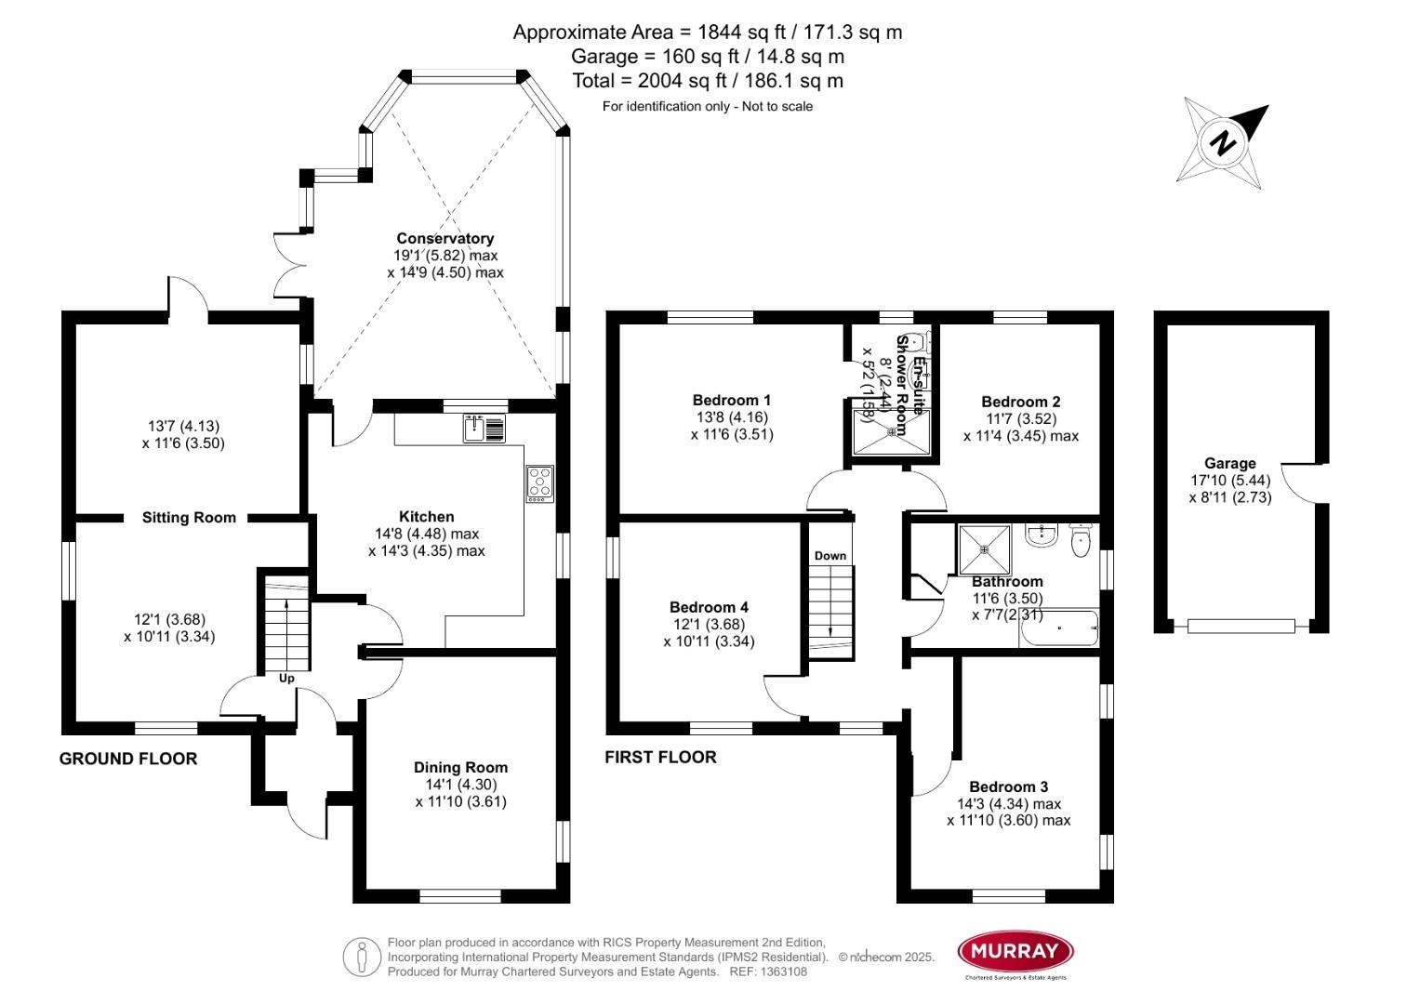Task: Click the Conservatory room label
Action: (x=445, y=238)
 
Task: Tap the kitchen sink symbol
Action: (x=483, y=429)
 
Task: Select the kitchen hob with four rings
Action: (x=539, y=483)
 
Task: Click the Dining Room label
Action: (x=460, y=767)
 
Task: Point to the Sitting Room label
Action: (x=189, y=518)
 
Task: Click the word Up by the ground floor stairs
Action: (x=286, y=679)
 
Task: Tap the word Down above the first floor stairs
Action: (x=830, y=556)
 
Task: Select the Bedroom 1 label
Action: (x=732, y=400)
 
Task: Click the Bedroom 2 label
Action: (x=1020, y=402)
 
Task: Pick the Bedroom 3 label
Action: (x=1008, y=786)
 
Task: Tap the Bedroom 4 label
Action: (x=709, y=607)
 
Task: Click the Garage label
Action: (x=1229, y=463)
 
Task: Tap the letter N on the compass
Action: (x=1224, y=144)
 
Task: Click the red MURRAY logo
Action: (x=1015, y=951)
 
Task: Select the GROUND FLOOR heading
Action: (x=128, y=759)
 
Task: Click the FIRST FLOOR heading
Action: (x=660, y=757)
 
